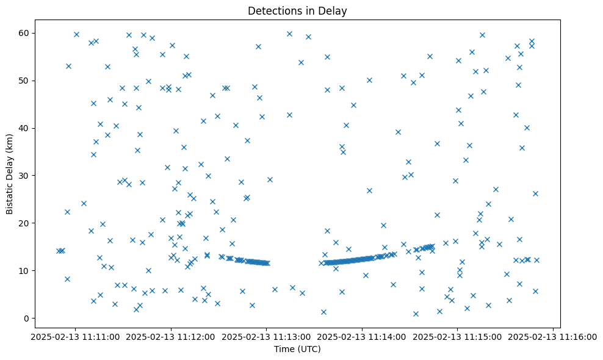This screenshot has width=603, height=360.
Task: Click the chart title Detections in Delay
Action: pyautogui.click(x=301, y=11)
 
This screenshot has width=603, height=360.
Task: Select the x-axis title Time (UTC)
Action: pyautogui.click(x=297, y=349)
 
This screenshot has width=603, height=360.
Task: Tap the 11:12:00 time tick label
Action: pyautogui.click(x=171, y=336)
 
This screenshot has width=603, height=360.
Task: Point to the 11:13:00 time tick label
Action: pyautogui.click(x=267, y=336)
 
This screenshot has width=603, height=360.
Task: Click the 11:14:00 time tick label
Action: pyautogui.click(x=363, y=336)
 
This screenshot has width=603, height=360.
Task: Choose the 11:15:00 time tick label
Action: pyautogui.click(x=458, y=336)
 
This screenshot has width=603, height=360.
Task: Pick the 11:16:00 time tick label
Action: pyautogui.click(x=553, y=336)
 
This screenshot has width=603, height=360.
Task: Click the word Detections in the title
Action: pyautogui.click(x=272, y=11)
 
